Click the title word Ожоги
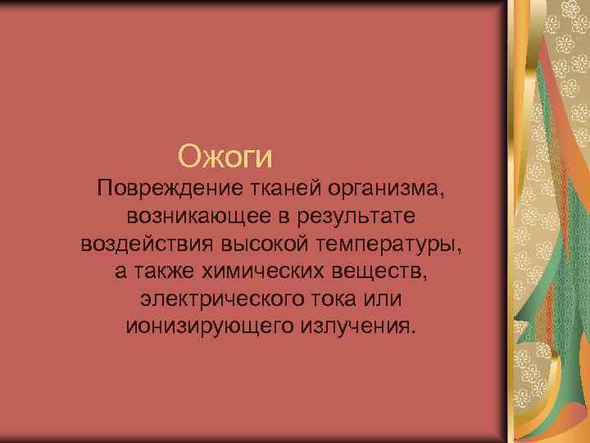click(225, 154)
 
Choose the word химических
click(259, 272)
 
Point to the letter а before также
click(121, 272)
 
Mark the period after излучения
click(413, 331)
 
